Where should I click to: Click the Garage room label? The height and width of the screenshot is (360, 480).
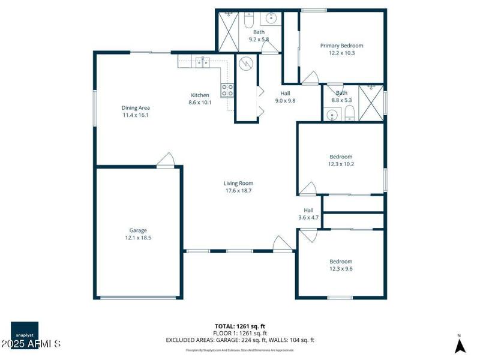coord(138,230)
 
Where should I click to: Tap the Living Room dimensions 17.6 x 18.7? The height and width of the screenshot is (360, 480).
coord(238,191)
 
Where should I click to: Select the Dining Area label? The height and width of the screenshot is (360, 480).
coord(135,107)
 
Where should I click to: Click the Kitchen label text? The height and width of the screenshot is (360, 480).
coord(200,95)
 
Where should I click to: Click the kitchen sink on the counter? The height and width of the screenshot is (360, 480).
coord(202,60)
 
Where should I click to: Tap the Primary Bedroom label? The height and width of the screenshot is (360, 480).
coord(341,46)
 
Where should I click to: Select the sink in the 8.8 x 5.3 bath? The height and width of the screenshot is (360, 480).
coord(332,115)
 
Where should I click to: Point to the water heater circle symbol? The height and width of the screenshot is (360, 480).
coord(246,62)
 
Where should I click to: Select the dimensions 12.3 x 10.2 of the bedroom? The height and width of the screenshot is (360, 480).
coord(341,164)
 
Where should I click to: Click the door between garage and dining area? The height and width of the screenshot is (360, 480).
coord(166,160)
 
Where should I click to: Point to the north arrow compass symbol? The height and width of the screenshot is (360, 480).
coord(460,345)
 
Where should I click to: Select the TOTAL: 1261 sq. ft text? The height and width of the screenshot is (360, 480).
coord(240,326)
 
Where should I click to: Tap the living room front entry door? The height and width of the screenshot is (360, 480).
coord(282,243)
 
